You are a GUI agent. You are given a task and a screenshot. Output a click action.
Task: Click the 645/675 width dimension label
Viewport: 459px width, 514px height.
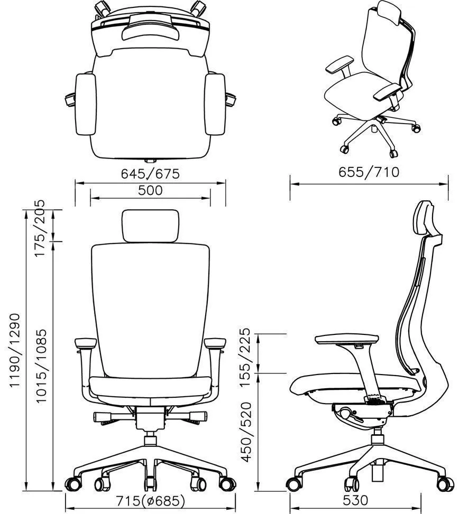150,174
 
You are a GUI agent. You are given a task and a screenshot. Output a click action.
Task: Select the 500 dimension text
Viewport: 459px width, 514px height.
150,190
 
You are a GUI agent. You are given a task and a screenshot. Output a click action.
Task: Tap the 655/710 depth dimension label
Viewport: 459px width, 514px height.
369,172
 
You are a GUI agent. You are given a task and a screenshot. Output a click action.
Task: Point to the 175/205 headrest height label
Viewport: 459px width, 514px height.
41,228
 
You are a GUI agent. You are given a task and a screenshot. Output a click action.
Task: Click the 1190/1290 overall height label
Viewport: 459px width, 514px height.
14,351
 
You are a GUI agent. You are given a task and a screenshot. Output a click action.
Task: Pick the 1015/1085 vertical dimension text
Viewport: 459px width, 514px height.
41,366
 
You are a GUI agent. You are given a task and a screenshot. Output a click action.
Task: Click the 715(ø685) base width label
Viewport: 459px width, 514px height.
150,501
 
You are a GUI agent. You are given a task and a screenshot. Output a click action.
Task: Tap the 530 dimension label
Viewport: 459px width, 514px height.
355,501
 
